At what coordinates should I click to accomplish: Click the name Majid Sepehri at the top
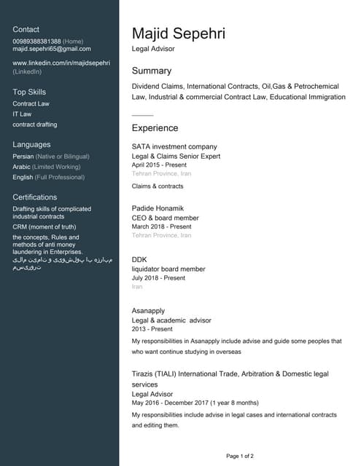[178, 33]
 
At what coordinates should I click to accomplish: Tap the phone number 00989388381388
[36, 41]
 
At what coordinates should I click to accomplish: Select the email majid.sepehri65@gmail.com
[52, 49]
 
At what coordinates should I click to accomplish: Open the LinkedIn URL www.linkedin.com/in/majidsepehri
[61, 63]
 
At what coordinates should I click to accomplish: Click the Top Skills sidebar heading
[29, 92]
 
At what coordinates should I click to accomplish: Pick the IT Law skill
[22, 114]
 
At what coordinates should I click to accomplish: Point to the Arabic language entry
[23, 167]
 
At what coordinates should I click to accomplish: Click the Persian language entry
[24, 157]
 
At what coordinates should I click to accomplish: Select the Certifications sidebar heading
[34, 197]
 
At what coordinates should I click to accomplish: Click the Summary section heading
[151, 71]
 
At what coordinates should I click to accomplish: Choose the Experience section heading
[155, 128]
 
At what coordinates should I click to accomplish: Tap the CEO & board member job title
[165, 218]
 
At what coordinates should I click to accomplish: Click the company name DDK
[139, 259]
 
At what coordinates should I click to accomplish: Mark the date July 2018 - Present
[158, 278]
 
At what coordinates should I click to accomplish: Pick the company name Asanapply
[148, 311]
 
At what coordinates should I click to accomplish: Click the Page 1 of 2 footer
[240, 456]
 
